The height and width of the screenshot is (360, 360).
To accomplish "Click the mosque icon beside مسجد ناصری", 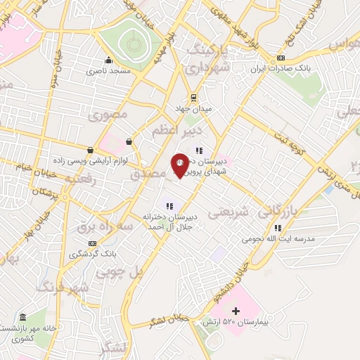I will pos(108,60).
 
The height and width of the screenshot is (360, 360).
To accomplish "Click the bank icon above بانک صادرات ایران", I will pos(281,58).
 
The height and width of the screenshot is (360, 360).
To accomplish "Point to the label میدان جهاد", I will pos(193,108).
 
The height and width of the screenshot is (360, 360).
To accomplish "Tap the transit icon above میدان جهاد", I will pos(193,97).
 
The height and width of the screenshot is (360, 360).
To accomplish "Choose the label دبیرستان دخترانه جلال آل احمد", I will pos(169,221).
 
